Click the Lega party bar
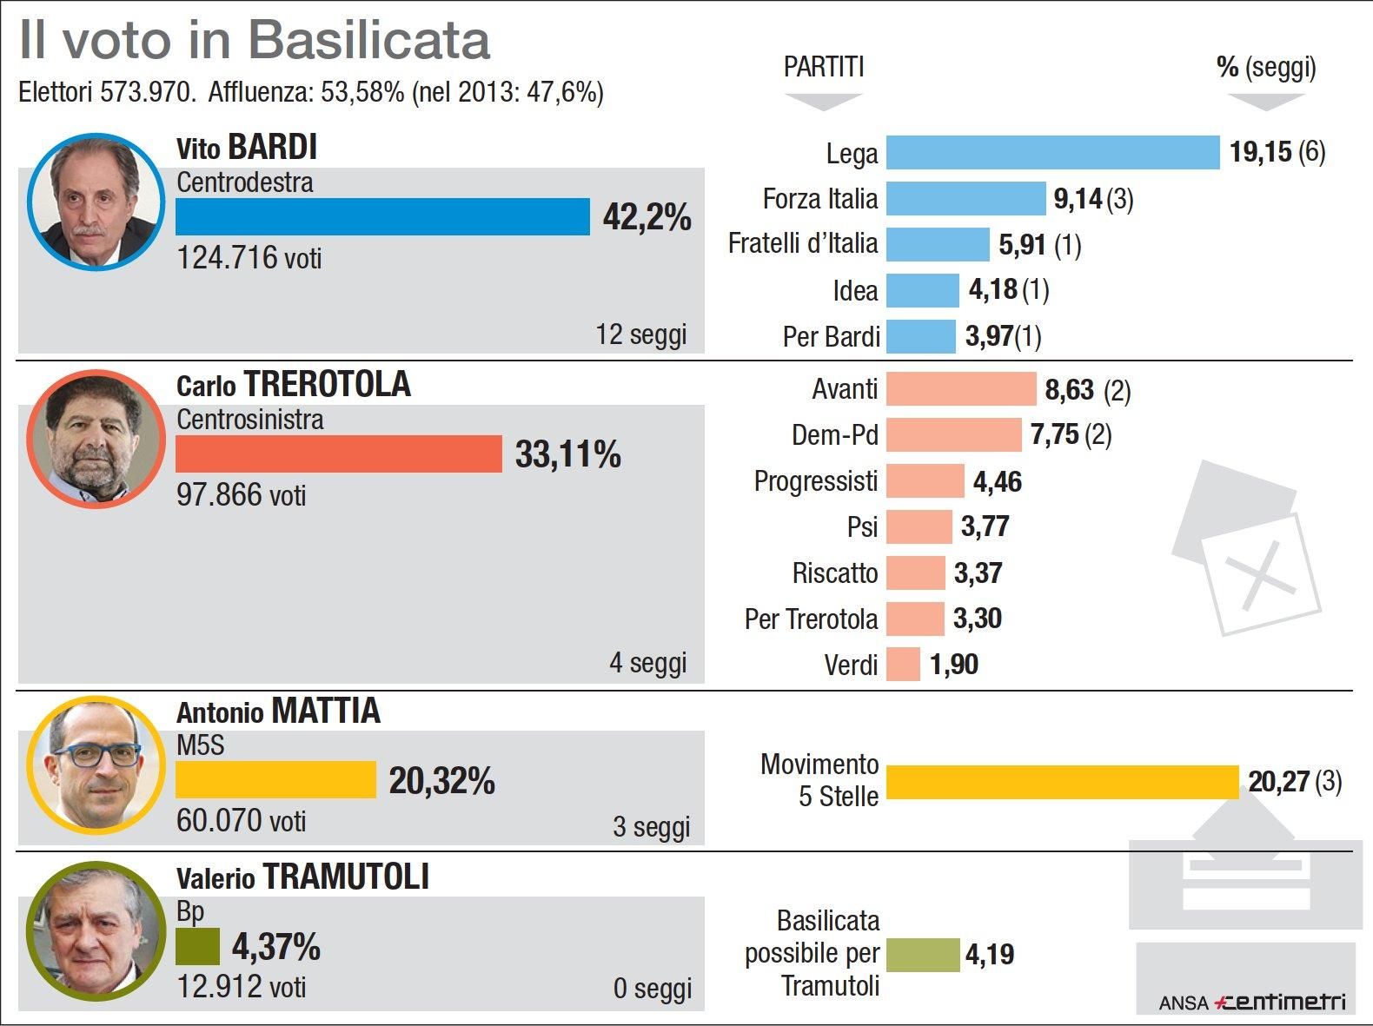pos(1052,153)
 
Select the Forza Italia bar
pos(965,199)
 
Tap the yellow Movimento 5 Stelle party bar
pos(1062,782)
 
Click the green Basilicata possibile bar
pos(923,955)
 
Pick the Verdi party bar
pos(903,665)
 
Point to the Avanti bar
pos(961,389)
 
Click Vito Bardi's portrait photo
pos(96,202)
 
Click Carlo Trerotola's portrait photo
pos(96,439)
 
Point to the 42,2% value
pos(647,217)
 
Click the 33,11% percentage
pos(567,454)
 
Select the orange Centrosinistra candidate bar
pos(339,454)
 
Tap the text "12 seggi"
pos(641,334)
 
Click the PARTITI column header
pos(823,67)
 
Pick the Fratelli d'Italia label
pos(802,244)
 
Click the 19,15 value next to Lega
pos(1260,153)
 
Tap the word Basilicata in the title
pos(368,40)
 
